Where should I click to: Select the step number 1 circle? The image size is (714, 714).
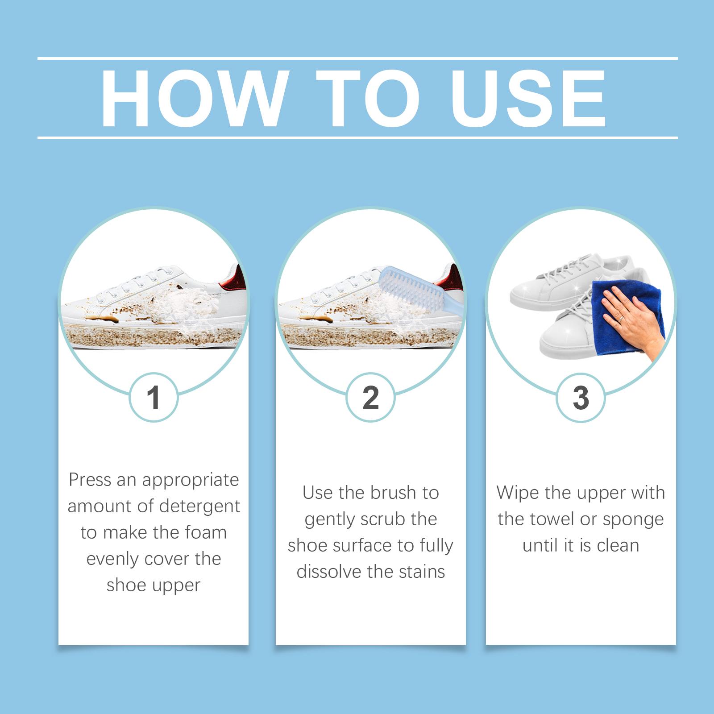[154, 397]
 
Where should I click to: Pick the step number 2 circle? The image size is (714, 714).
[371, 397]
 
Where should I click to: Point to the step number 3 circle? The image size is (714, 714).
[581, 397]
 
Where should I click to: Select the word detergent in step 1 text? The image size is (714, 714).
[199, 506]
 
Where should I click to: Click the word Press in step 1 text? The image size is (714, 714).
[90, 480]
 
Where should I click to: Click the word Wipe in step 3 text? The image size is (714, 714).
[517, 493]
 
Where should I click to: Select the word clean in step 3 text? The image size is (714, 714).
[618, 545]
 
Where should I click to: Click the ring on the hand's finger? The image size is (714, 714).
[621, 318]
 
